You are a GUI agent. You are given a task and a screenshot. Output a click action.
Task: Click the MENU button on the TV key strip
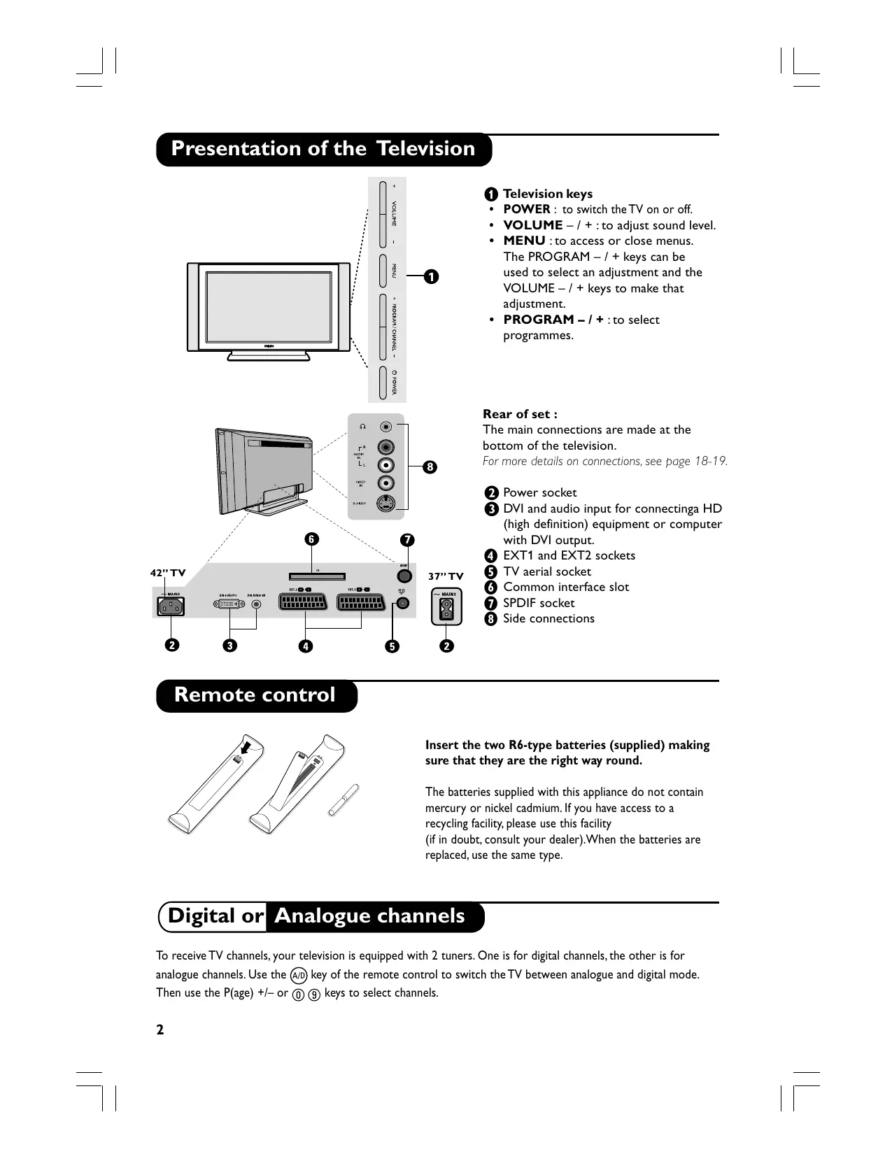(383, 271)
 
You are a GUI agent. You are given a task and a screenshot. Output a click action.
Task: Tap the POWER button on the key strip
(383, 382)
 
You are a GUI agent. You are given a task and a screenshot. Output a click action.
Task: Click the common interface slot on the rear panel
(317, 577)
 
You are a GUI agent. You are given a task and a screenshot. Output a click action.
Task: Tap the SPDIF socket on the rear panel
(404, 576)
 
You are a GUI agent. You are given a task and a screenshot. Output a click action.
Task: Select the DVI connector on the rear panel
(227, 604)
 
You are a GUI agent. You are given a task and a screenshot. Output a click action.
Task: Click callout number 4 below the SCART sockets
(305, 646)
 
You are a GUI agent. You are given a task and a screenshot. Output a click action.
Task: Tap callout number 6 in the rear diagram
(311, 539)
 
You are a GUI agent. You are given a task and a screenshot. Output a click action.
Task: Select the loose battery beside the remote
(344, 799)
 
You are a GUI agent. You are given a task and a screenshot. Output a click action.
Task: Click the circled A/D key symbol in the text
(299, 975)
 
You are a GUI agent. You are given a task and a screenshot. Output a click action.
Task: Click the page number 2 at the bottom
(160, 1030)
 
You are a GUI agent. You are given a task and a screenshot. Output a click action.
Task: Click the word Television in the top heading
(425, 149)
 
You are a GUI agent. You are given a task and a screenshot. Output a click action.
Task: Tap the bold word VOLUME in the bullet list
(533, 225)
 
